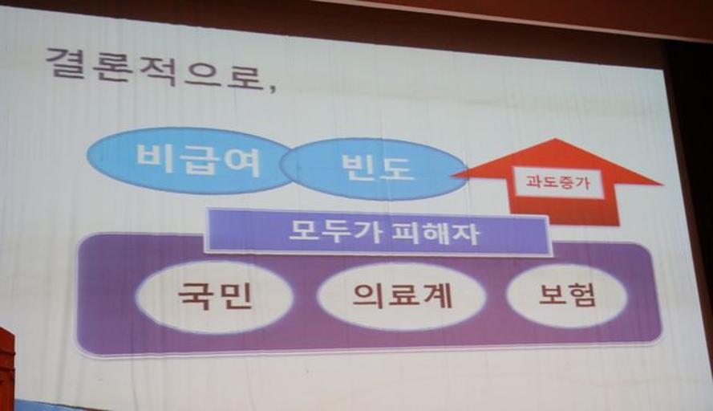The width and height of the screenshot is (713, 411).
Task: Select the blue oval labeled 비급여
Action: click(191, 161)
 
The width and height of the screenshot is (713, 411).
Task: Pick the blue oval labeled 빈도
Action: click(374, 169)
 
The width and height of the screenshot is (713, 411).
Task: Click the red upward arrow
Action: click(557, 182)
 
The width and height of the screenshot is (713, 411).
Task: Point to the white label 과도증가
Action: click(558, 183)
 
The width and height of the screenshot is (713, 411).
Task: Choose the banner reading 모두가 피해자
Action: click(378, 232)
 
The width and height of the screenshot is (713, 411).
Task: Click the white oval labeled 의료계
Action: click(402, 295)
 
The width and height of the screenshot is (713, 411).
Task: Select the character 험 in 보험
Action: click(582, 296)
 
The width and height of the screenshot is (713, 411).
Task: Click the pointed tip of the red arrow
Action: click(556, 139)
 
